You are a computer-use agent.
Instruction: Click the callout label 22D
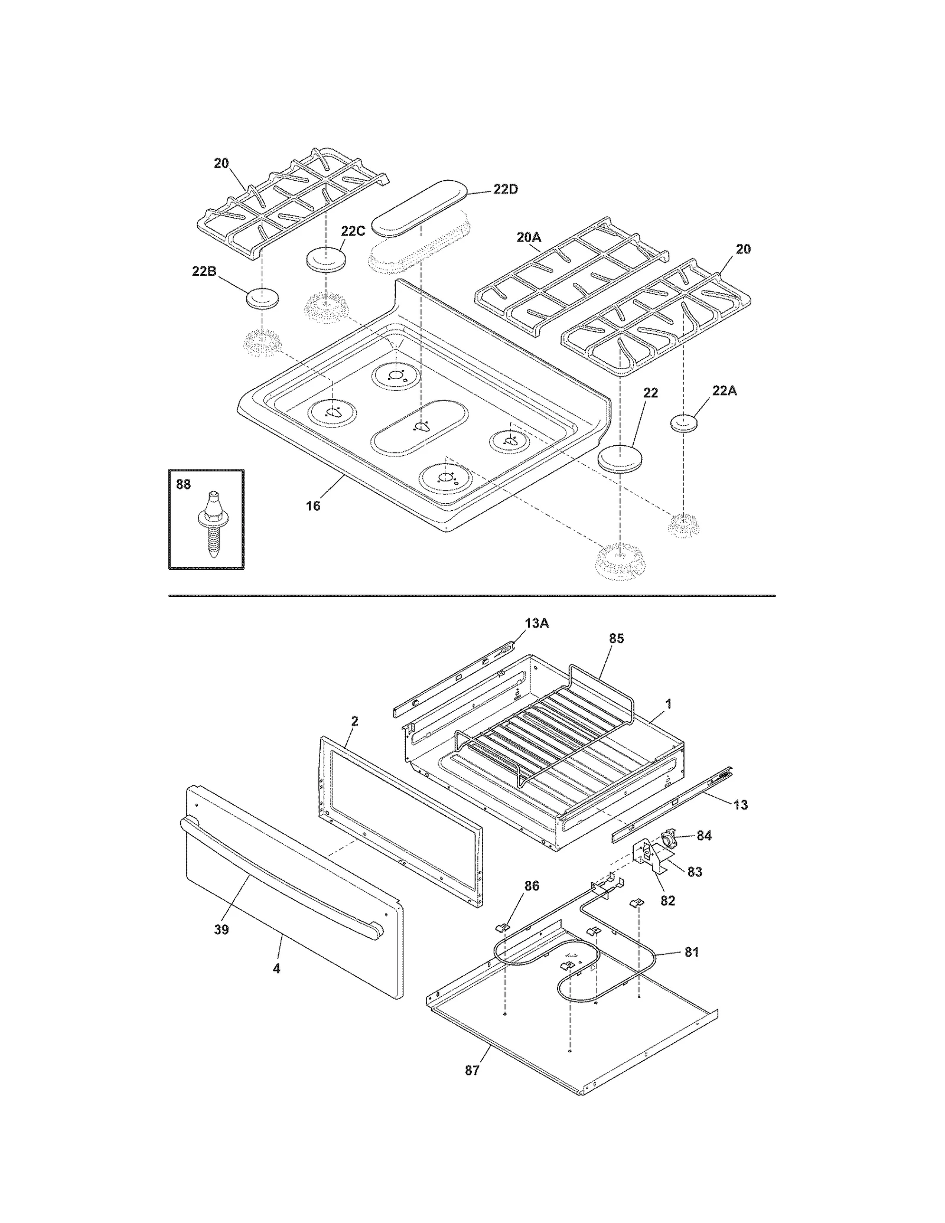click(506, 190)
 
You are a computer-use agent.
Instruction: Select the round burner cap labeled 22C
click(325, 260)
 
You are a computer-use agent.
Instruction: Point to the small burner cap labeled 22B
click(262, 298)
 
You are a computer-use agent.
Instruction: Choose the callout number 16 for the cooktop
click(313, 505)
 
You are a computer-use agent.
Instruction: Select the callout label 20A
click(529, 237)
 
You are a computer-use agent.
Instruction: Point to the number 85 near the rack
click(616, 638)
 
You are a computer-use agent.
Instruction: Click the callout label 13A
click(536, 623)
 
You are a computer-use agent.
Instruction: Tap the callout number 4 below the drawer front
click(276, 969)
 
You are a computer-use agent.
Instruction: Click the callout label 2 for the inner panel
click(354, 721)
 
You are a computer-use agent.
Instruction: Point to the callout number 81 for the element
click(691, 952)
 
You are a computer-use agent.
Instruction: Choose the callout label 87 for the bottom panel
click(472, 1071)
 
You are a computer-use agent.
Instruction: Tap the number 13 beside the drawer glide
click(740, 805)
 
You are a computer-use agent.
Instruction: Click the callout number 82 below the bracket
click(667, 901)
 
